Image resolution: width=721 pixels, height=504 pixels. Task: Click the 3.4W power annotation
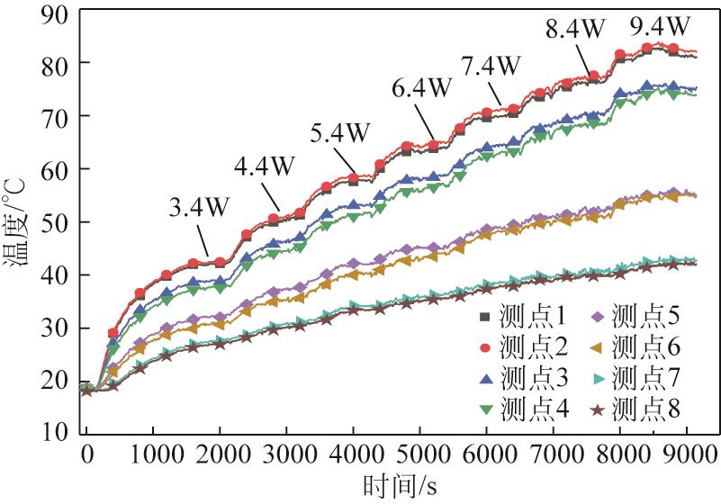pos(198,206)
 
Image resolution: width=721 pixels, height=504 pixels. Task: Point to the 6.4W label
pos(421,88)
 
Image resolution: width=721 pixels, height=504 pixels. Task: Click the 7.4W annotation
pos(491,66)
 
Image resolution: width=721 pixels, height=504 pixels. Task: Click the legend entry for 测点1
pos(525,316)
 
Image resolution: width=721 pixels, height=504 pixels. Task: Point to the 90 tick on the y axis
pos(55,10)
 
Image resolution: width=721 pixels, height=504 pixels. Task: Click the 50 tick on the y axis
pos(55,222)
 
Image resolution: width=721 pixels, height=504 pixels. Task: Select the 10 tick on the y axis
pos(55,433)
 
